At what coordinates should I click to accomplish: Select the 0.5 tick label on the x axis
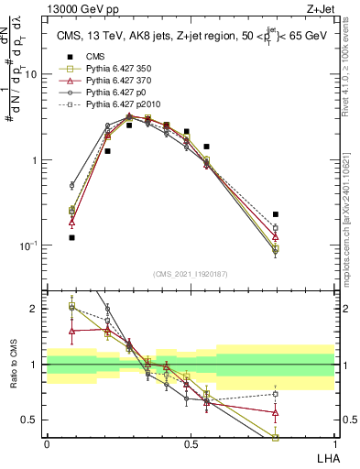pyautogui.click(x=191, y=445)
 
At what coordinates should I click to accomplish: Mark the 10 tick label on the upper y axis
pyautogui.click(x=34, y=75)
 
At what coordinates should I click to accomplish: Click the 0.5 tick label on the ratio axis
pyautogui.click(x=34, y=420)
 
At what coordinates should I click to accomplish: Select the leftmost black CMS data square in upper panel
pyautogui.click(x=71, y=237)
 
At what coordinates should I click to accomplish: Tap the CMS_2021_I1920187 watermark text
pyautogui.click(x=190, y=274)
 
